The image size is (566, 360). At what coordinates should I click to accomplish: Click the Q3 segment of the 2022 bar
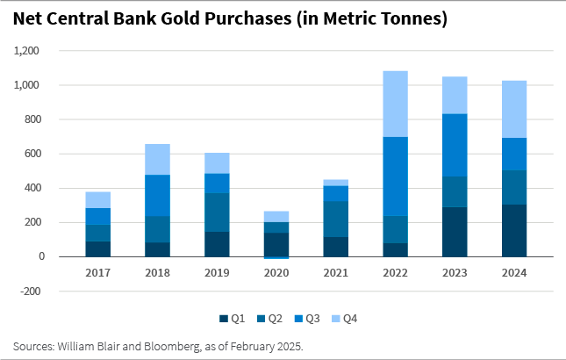pyautogui.click(x=395, y=176)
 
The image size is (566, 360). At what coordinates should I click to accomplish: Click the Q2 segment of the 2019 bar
pyautogui.click(x=217, y=212)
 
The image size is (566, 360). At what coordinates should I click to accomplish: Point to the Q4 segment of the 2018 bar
pyautogui.click(x=157, y=159)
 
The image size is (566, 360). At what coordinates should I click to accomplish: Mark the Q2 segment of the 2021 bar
pyautogui.click(x=336, y=219)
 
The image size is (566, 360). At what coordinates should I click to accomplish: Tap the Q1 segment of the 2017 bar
pyautogui.click(x=97, y=248)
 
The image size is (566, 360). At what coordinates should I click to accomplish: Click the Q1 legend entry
pyautogui.click(x=232, y=319)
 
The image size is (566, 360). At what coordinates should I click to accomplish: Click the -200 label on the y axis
pyautogui.click(x=32, y=291)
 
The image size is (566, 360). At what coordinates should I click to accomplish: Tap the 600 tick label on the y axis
pyautogui.click(x=33, y=154)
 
